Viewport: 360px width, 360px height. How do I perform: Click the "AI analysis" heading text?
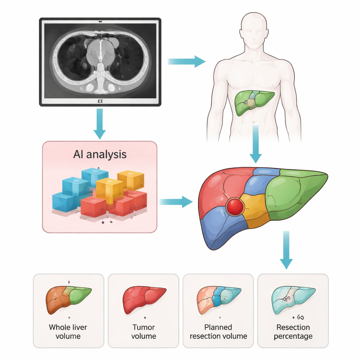tap(100, 154)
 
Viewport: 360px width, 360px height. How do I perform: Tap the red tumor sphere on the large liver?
tap(235, 206)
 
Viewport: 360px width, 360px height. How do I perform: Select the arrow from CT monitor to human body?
tap(186, 62)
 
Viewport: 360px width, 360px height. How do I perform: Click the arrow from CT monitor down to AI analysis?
tap(99, 123)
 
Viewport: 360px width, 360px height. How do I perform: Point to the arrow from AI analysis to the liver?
tap(176, 202)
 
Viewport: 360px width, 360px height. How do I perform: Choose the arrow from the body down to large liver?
tap(256, 144)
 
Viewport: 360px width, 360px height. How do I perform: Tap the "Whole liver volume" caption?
tap(68, 332)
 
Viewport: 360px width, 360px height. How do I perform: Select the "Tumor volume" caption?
tap(143, 332)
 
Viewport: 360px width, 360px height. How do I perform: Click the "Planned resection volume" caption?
tap(218, 332)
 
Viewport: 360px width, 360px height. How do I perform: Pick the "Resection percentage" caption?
tap(293, 332)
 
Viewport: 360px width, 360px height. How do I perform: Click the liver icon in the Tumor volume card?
tap(144, 299)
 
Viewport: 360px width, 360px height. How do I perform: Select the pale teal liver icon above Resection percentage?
tap(293, 299)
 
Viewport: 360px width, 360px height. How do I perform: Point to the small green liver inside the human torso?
tap(253, 102)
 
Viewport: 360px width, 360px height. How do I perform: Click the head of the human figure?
tap(254, 31)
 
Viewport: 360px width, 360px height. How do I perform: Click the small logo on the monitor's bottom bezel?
tap(100, 101)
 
